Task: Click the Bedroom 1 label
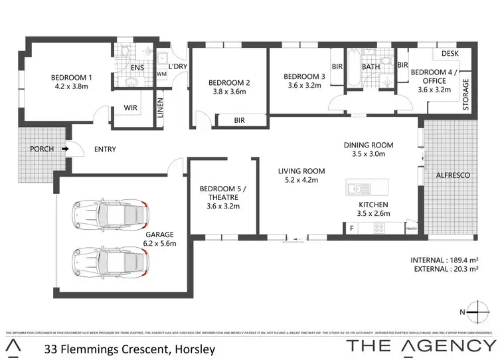(x=71, y=78)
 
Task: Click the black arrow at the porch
(x=65, y=149)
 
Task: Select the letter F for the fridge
(x=351, y=228)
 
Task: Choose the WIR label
(x=129, y=108)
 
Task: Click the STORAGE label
(x=466, y=94)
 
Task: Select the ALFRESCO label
(x=452, y=175)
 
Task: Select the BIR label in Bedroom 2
(x=240, y=120)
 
